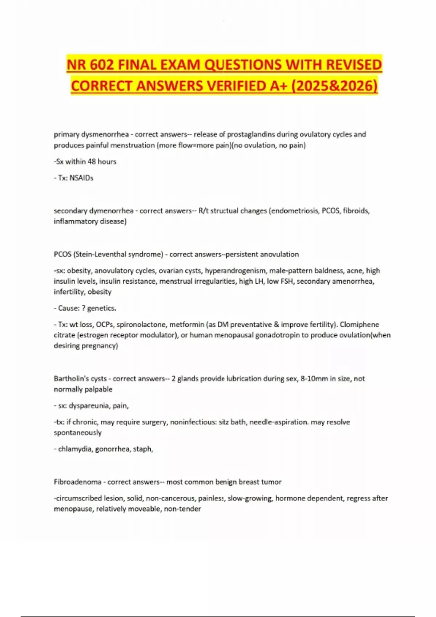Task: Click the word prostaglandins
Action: tap(251, 134)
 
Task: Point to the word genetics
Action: tap(101, 308)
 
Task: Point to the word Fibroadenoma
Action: tap(77, 482)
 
